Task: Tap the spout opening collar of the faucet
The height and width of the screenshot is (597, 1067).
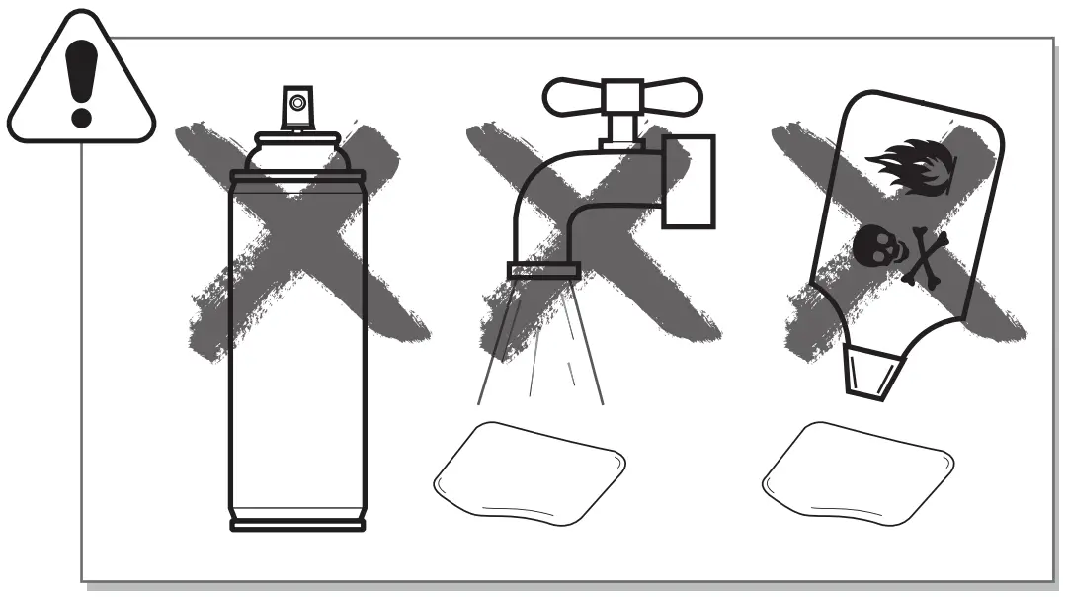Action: pos(542,269)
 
